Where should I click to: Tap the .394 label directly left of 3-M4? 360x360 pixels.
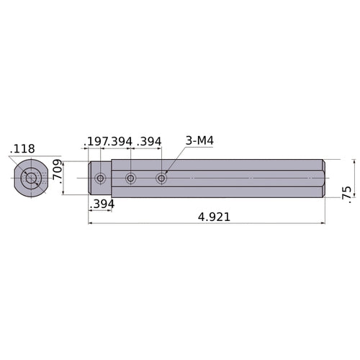point(149,141)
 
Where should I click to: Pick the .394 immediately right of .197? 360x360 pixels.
point(120,141)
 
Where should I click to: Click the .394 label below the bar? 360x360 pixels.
point(102,204)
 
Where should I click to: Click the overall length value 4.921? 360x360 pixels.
point(209,216)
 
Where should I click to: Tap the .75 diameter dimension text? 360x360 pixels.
point(348,192)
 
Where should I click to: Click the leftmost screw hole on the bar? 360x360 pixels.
point(100,178)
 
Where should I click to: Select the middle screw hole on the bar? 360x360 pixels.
point(130,178)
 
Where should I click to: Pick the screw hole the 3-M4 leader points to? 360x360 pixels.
point(161,178)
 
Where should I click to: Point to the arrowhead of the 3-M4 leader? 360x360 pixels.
point(166,174)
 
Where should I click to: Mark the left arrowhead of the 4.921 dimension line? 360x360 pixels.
point(91,223)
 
